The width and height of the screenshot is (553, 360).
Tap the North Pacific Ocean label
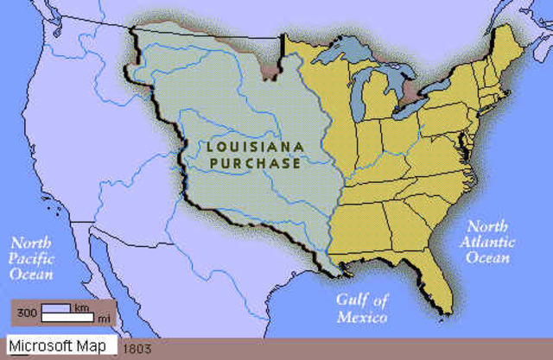31,258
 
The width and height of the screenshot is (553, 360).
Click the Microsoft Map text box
60,346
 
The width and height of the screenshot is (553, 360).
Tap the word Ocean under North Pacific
30,275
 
